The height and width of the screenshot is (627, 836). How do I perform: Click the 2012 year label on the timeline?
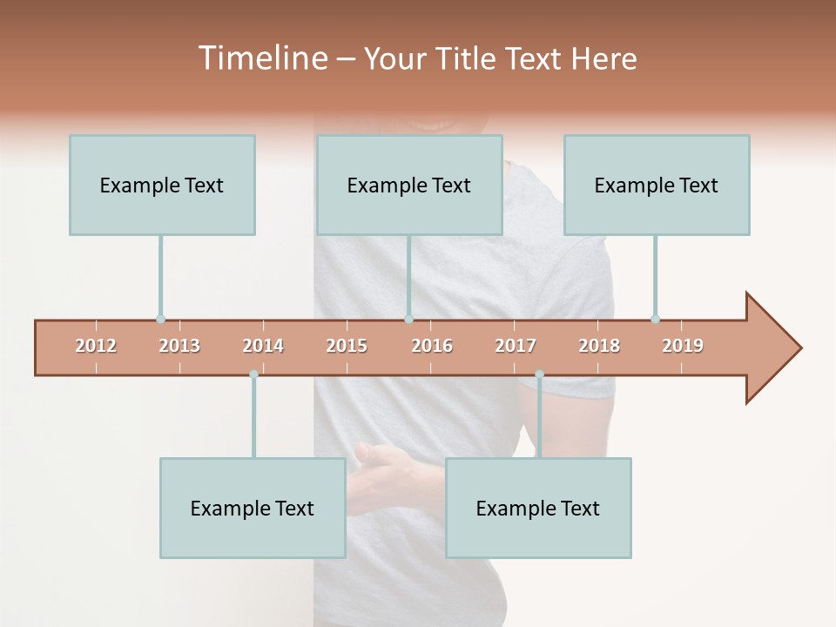pyautogui.click(x=96, y=346)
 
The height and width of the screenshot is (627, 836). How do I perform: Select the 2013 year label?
pyautogui.click(x=179, y=346)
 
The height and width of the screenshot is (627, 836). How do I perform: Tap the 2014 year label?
pyautogui.click(x=263, y=346)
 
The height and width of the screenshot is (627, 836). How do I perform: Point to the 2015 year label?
pyautogui.click(x=347, y=346)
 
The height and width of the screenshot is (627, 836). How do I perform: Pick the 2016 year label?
pyautogui.click(x=432, y=346)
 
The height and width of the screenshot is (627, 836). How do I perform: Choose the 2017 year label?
pyautogui.click(x=516, y=346)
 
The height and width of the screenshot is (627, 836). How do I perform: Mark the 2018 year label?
pyautogui.click(x=599, y=346)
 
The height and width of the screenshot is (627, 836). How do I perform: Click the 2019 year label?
pyautogui.click(x=683, y=346)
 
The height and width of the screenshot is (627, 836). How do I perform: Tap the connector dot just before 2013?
pyautogui.click(x=160, y=319)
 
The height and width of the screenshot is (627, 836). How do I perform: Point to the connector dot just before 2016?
pyautogui.click(x=408, y=319)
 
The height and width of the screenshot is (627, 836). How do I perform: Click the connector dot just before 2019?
pyautogui.click(x=655, y=319)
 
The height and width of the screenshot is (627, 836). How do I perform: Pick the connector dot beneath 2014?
pyautogui.click(x=253, y=374)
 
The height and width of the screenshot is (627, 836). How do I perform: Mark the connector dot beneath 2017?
pyautogui.click(x=539, y=374)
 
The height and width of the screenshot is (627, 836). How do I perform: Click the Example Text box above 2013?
pyautogui.click(x=162, y=185)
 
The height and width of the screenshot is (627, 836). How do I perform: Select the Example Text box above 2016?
pyautogui.click(x=409, y=185)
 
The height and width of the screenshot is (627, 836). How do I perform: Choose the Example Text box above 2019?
pyautogui.click(x=657, y=185)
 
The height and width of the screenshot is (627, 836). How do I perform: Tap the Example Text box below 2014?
pyautogui.click(x=253, y=508)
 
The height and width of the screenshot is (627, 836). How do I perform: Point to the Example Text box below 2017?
pyautogui.click(x=538, y=508)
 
